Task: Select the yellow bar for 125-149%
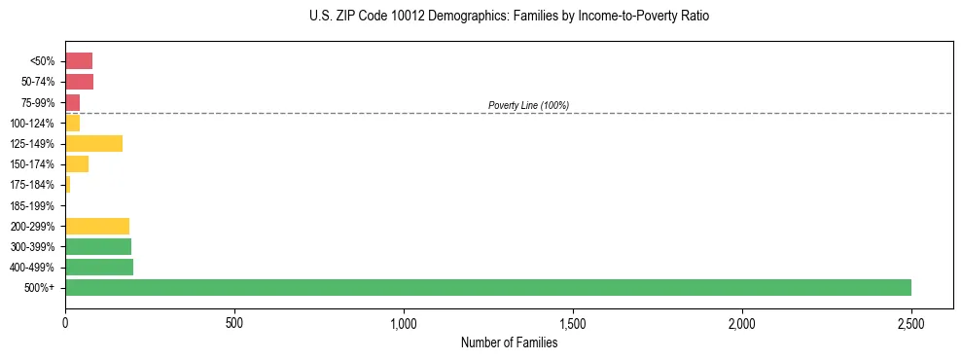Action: (x=94, y=144)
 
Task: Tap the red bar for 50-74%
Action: (x=79, y=82)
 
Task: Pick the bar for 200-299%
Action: (x=97, y=226)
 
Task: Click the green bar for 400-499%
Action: (x=99, y=267)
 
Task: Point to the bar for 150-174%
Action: (x=77, y=164)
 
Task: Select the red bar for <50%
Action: (x=79, y=61)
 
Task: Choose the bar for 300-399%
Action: (x=98, y=246)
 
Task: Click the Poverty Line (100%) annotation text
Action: (x=528, y=105)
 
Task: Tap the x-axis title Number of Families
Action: (x=509, y=342)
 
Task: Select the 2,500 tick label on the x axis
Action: (x=911, y=321)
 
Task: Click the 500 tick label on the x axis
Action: (x=234, y=321)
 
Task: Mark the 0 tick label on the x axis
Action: (x=65, y=321)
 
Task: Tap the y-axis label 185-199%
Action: (x=33, y=205)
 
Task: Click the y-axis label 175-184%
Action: (x=33, y=185)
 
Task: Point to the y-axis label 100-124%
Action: (x=33, y=124)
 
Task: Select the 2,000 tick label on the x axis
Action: (x=742, y=321)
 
